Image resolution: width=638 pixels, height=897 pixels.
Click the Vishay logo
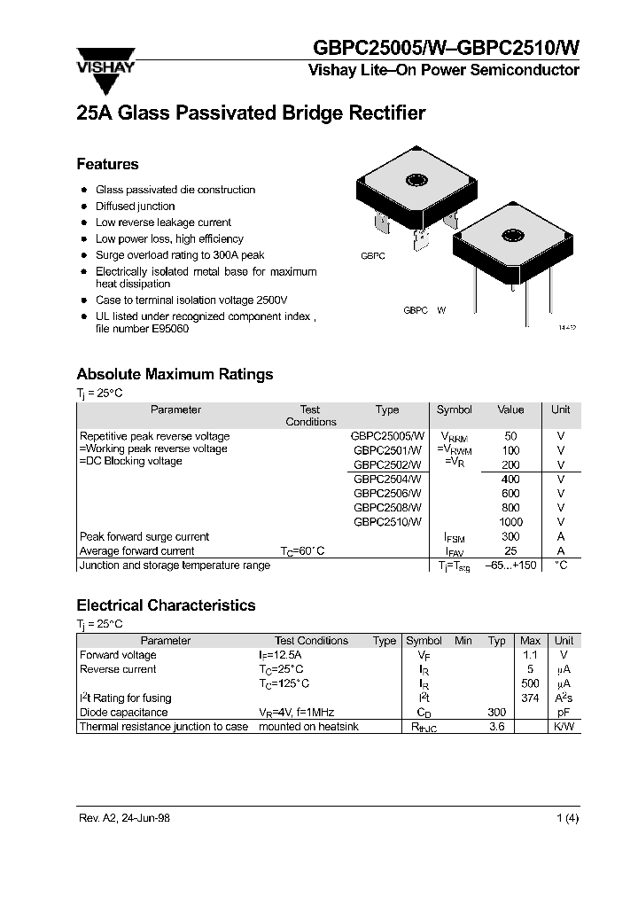(x=109, y=67)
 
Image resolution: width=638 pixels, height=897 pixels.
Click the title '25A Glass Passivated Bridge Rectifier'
(x=251, y=113)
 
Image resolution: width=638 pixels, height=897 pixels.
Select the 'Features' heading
(x=107, y=164)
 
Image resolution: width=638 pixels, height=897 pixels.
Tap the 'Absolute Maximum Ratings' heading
(x=175, y=374)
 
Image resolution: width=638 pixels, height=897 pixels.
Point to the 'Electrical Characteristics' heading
(x=166, y=605)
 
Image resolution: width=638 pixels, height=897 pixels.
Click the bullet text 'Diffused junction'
(x=135, y=206)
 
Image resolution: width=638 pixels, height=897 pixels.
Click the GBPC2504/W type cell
(x=387, y=479)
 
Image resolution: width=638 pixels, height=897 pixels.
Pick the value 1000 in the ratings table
(x=510, y=522)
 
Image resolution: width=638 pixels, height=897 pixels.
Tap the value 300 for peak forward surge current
(x=510, y=536)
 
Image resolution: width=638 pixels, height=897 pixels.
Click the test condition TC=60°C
(x=303, y=551)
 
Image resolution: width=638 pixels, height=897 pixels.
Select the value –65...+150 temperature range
(x=510, y=565)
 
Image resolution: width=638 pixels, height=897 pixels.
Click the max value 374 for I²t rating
(x=530, y=698)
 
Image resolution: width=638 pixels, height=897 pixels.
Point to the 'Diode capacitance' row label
(x=123, y=712)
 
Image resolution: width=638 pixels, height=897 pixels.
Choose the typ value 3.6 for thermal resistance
(x=497, y=727)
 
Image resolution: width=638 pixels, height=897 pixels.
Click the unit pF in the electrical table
(x=564, y=712)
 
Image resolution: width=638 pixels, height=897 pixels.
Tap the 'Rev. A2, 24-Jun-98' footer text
(x=123, y=818)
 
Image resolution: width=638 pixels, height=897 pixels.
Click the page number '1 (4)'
(x=567, y=818)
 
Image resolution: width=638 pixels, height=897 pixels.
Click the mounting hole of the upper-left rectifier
(x=416, y=181)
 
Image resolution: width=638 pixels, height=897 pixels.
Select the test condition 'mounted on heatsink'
(x=308, y=727)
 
